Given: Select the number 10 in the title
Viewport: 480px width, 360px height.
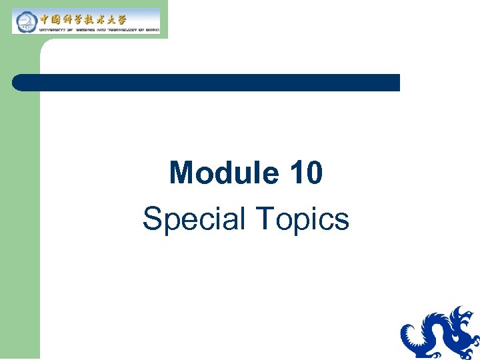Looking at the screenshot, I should point(307,173).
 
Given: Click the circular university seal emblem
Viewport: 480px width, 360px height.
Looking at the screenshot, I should point(25,21).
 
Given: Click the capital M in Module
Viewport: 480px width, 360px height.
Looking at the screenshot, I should point(182,173).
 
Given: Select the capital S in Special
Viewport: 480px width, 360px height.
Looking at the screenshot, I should point(152,219).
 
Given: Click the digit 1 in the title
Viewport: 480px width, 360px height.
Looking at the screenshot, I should point(297,173).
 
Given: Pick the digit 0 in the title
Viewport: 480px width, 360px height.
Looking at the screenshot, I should point(314,173).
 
